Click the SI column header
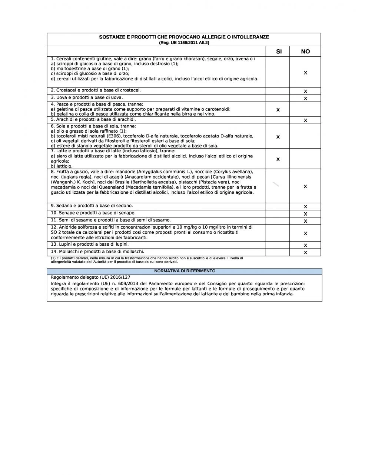(279, 52)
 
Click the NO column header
(305, 52)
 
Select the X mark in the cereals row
(305, 73)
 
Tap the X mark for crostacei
(305, 91)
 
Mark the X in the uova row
(305, 99)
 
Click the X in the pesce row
(278, 110)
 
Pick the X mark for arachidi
(305, 120)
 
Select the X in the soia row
(278, 137)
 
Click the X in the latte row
(278, 159)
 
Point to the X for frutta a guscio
(305, 187)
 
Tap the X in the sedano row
(305, 207)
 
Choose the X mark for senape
(305, 214)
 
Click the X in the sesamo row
(305, 221)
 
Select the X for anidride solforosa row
(305, 233)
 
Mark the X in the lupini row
(305, 245)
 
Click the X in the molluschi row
(305, 253)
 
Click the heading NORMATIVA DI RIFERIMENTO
(185, 271)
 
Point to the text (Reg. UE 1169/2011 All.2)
(184, 43)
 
